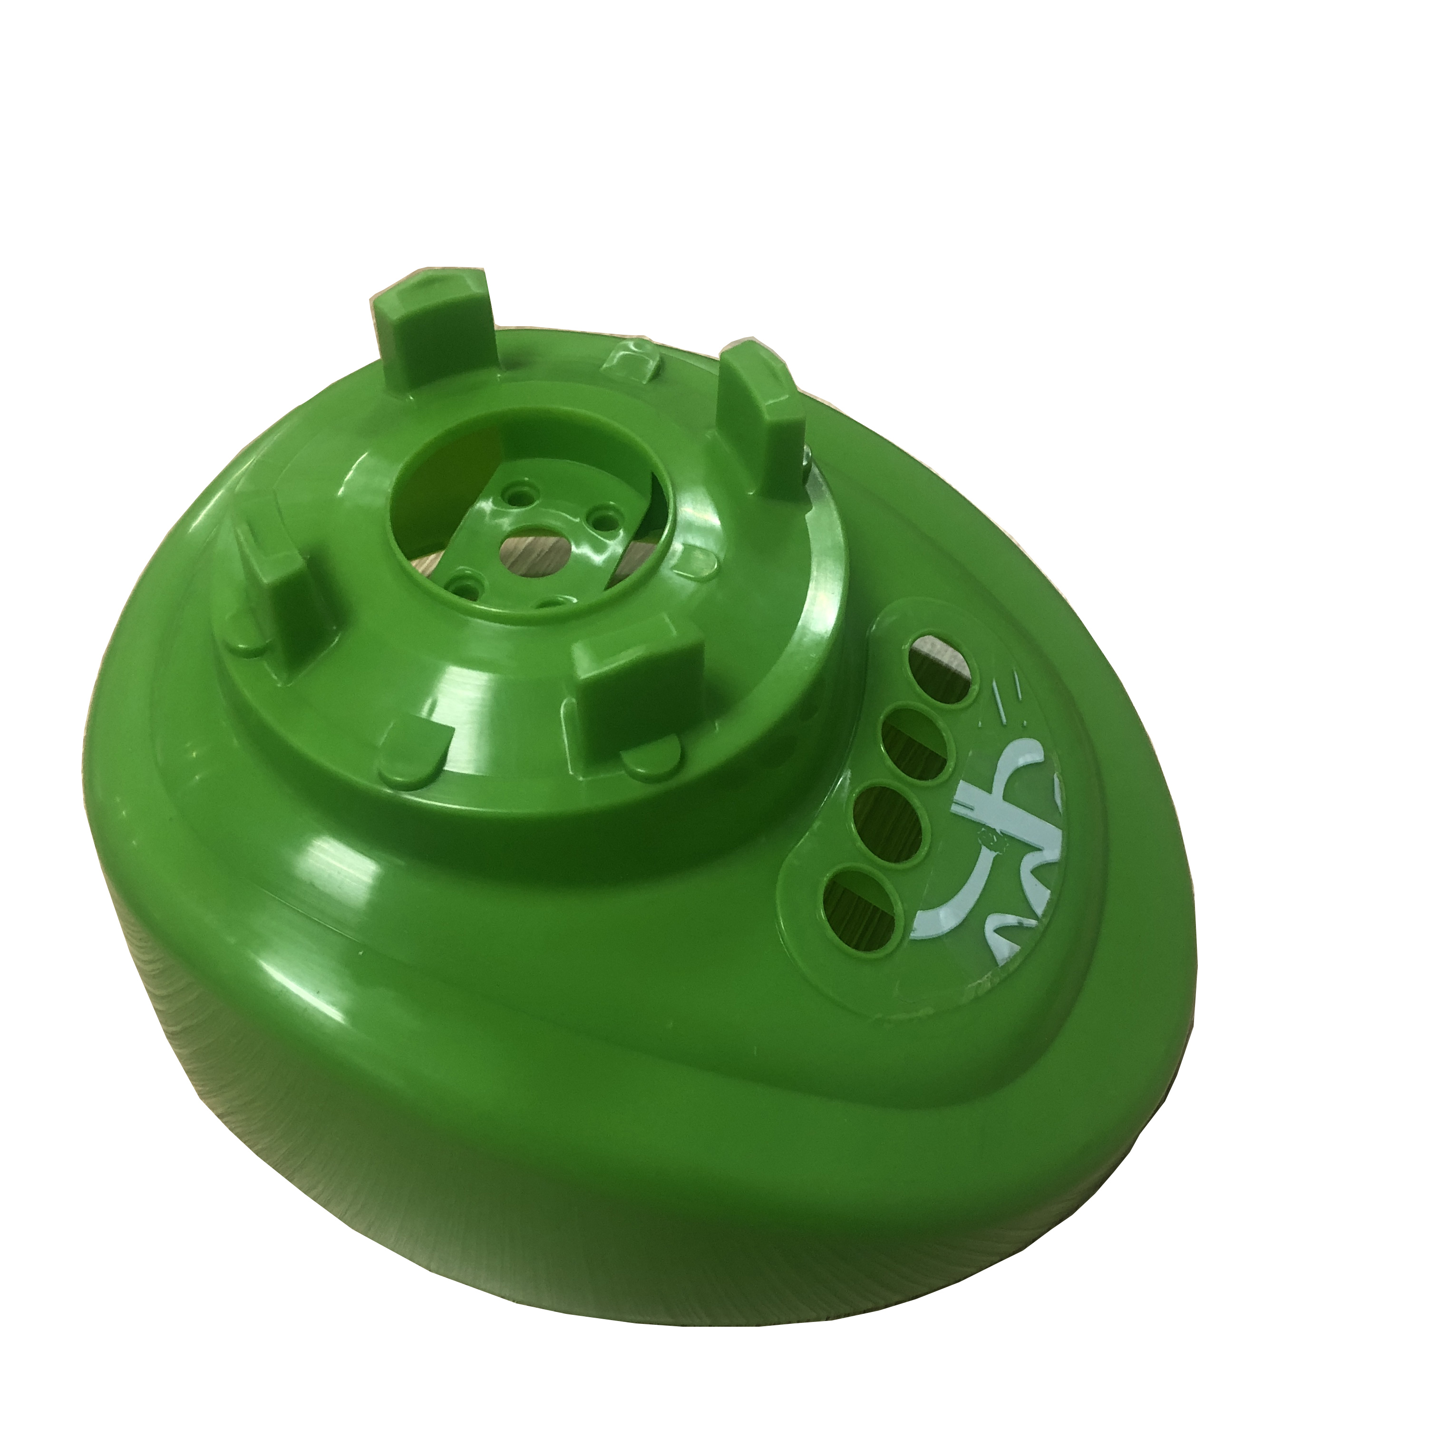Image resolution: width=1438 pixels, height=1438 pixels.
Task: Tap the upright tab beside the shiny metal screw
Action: click(x=763, y=417)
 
